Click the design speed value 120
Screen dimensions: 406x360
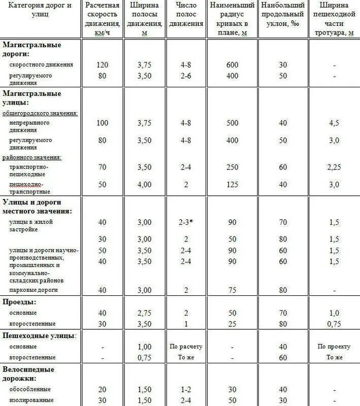pyautogui.click(x=102, y=65)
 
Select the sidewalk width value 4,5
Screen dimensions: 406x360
pyautogui.click(x=333, y=123)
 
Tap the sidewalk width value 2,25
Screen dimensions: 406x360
pyautogui.click(x=333, y=166)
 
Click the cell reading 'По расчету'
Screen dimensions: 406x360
pyautogui.click(x=186, y=347)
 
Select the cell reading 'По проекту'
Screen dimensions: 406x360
pyautogui.click(x=334, y=347)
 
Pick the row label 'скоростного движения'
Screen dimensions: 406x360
pyautogui.click(x=41, y=65)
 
